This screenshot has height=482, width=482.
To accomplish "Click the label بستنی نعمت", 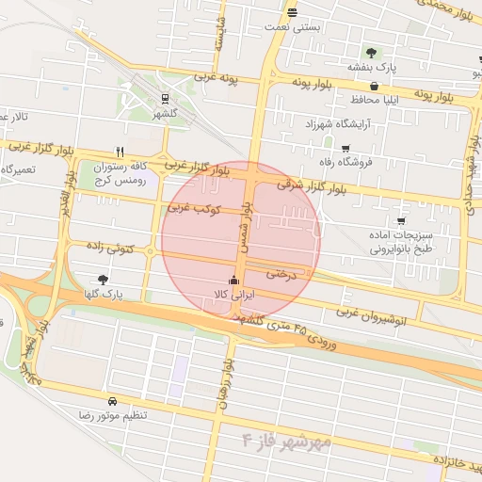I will point(295,27).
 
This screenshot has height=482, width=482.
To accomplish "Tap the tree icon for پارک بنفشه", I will point(371,53).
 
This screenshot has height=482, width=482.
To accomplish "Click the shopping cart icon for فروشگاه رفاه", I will point(345,148).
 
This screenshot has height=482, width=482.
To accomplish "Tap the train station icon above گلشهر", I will point(166,98).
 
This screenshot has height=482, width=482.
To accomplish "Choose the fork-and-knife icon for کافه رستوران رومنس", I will point(120,152).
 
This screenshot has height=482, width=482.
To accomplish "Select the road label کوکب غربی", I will point(194,206).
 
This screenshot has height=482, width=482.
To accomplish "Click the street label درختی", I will point(281,274).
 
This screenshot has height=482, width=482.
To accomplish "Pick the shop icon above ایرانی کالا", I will point(233,280).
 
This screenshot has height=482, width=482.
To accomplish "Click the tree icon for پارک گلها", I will point(103,280).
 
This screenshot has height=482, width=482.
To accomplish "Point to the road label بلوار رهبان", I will point(225,384).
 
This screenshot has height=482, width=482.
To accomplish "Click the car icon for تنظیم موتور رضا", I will point(113,400).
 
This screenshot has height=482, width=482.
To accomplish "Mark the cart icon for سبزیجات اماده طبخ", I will point(401,221).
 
